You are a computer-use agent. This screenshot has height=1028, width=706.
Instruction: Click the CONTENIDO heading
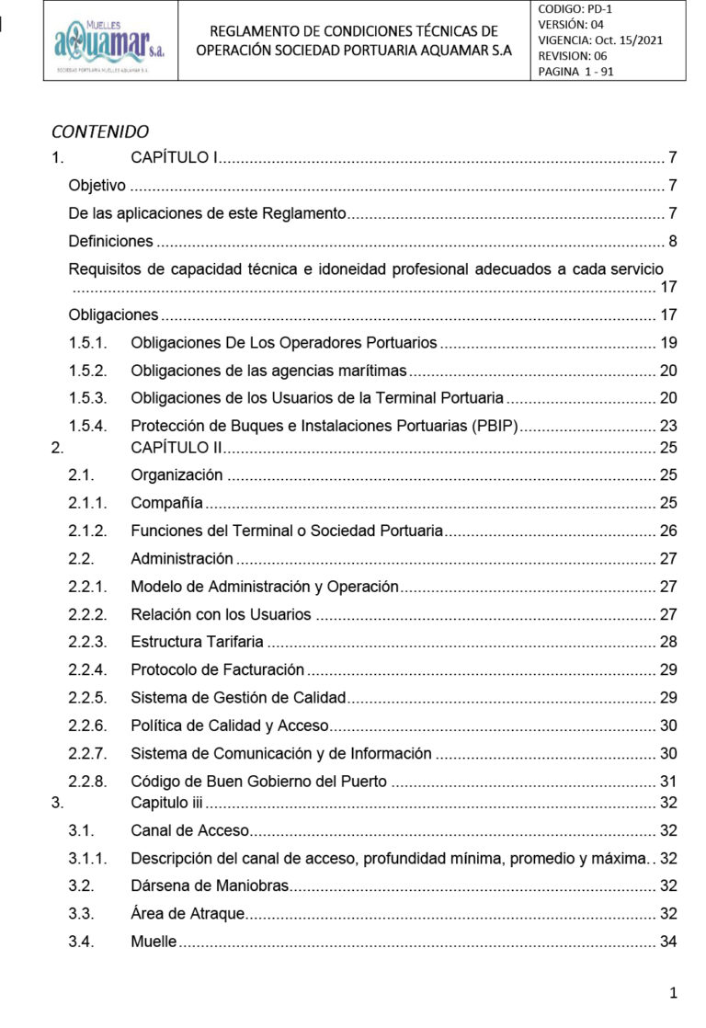tap(100, 131)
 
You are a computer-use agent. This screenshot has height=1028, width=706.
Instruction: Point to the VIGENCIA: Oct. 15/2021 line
tap(600, 40)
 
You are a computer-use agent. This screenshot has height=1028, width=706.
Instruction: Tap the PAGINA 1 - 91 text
tap(575, 72)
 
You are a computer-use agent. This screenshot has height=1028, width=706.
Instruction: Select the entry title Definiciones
tap(110, 242)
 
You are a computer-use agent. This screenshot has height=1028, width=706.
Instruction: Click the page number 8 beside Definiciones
tap(672, 242)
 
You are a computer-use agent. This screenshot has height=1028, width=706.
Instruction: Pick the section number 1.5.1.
tap(88, 343)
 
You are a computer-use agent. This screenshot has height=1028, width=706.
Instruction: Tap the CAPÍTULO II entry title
tap(173, 448)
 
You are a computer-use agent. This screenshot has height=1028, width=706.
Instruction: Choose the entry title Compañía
tap(166, 503)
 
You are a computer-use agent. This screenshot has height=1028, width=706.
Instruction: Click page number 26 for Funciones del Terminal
tap(668, 531)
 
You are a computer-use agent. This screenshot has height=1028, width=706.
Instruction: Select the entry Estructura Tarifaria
tap(197, 641)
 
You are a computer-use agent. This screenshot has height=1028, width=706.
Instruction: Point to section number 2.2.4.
tap(88, 670)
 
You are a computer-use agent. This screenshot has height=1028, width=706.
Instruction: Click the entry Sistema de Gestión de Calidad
tap(237, 698)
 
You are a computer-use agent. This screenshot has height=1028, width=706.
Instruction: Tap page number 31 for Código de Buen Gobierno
tap(668, 782)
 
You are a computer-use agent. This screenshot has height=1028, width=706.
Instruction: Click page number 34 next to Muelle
tap(668, 942)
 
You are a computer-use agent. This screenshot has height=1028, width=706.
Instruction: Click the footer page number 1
tap(674, 993)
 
